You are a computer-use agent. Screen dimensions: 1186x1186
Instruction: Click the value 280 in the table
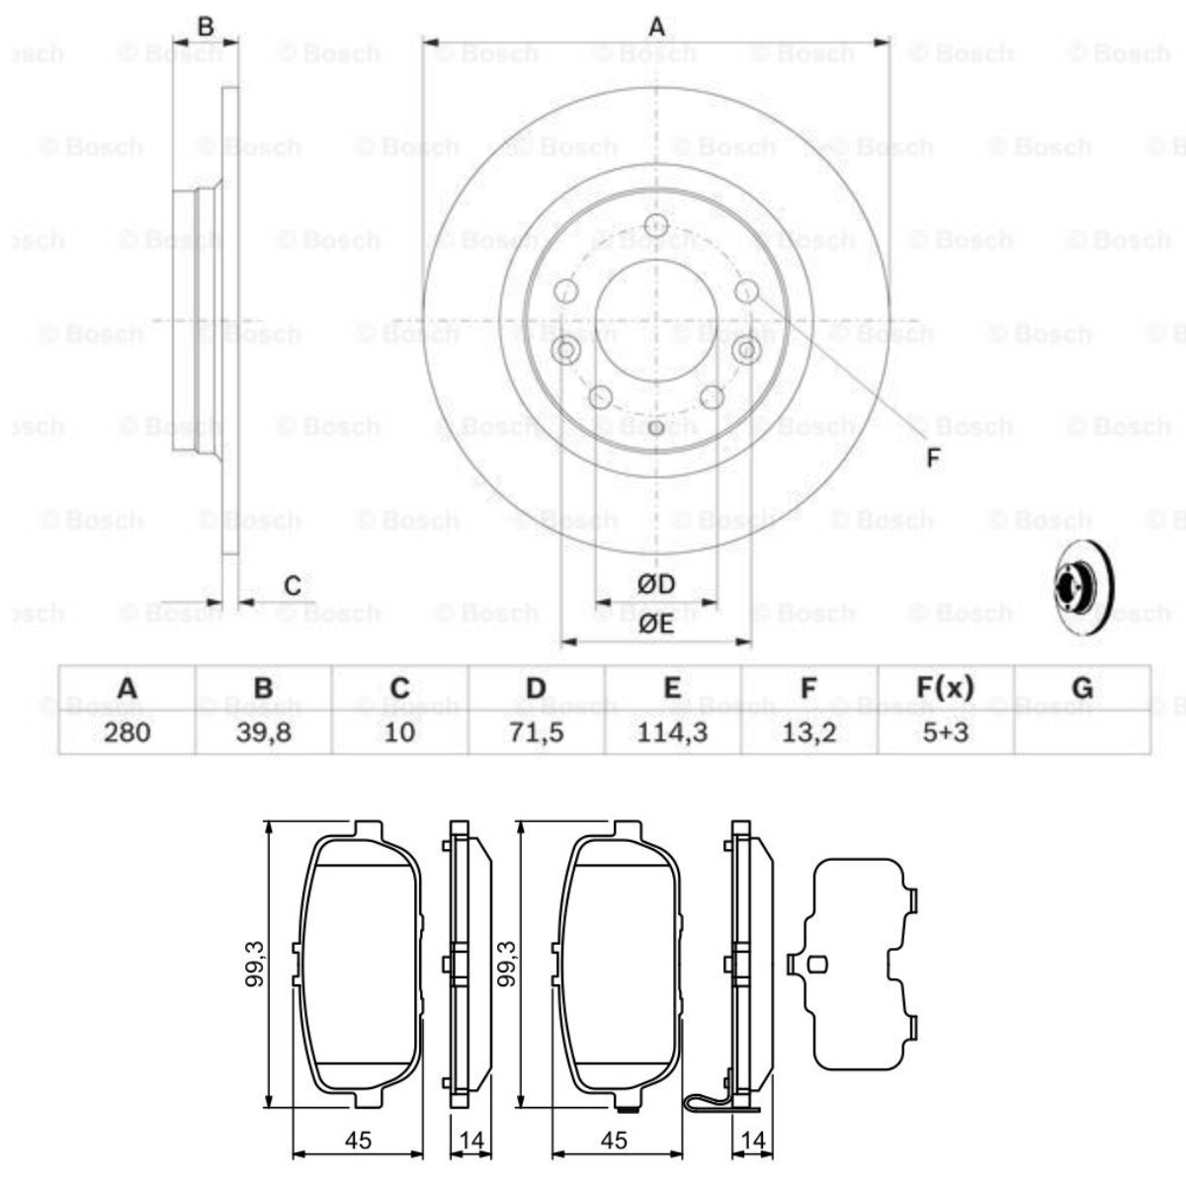pyautogui.click(x=127, y=732)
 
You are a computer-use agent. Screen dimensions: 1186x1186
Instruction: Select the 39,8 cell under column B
pyautogui.click(x=263, y=732)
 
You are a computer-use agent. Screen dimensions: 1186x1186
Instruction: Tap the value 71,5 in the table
pyautogui.click(x=536, y=732)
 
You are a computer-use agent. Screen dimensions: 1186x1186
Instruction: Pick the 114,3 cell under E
pyautogui.click(x=672, y=732)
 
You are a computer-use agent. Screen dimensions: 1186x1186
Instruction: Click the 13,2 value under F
pyautogui.click(x=808, y=732)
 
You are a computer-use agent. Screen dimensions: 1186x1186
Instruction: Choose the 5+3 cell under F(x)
pyautogui.click(x=945, y=732)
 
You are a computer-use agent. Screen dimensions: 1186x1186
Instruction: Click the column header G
pyautogui.click(x=1082, y=688)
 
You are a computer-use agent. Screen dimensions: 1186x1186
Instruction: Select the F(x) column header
pyautogui.click(x=945, y=688)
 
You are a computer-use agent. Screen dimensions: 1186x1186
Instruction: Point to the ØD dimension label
pyautogui.click(x=655, y=584)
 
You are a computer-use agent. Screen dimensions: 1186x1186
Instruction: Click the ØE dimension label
pyautogui.click(x=655, y=623)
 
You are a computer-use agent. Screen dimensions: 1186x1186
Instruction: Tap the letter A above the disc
pyautogui.click(x=656, y=28)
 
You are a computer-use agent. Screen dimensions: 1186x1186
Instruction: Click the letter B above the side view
pyautogui.click(x=206, y=27)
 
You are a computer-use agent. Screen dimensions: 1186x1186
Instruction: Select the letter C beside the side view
pyautogui.click(x=292, y=586)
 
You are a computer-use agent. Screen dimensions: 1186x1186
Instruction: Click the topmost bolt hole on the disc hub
pyautogui.click(x=655, y=224)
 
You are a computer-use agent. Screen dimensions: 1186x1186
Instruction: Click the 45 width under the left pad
pyautogui.click(x=359, y=1140)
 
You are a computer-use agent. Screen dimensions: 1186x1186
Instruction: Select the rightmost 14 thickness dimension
pyautogui.click(x=753, y=1140)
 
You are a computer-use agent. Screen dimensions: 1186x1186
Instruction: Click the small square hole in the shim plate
pyautogui.click(x=817, y=966)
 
